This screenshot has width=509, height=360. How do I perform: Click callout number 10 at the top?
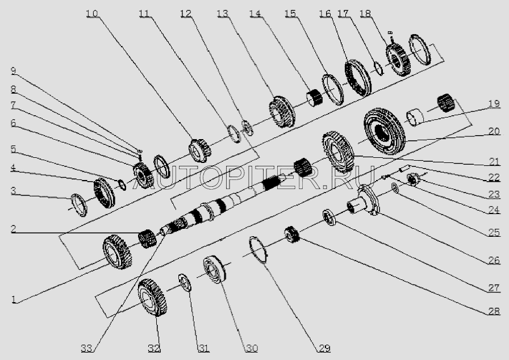(x=92, y=14)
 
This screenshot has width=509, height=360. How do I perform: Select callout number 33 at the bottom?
(x=87, y=348)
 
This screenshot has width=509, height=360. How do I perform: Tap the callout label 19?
(x=494, y=104)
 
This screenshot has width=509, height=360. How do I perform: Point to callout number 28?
(x=494, y=311)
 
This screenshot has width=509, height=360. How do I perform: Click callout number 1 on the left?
(x=13, y=299)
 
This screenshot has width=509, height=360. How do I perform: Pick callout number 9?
(x=13, y=71)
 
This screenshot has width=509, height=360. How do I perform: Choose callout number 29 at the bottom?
(x=324, y=348)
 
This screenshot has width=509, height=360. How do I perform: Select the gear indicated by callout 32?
(x=152, y=298)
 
